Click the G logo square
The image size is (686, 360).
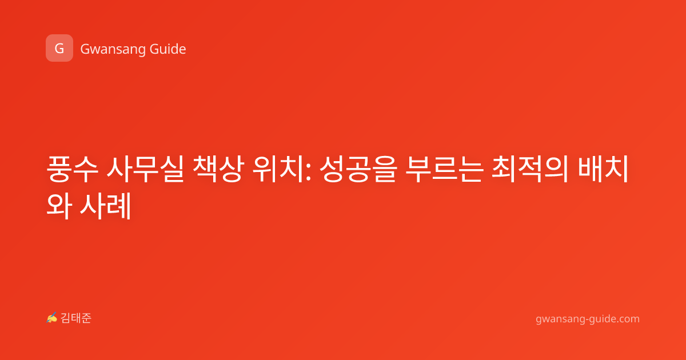pyautogui.click(x=59, y=48)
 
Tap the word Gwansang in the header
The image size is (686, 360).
pyautogui.click(x=112, y=50)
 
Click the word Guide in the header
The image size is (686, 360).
pyautogui.click(x=167, y=49)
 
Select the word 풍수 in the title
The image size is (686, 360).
pyautogui.click(x=72, y=169)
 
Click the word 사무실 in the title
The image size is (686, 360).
pyautogui.click(x=145, y=169)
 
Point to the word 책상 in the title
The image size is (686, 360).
pyautogui.click(x=218, y=169)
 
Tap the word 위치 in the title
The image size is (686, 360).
pyautogui.click(x=278, y=169)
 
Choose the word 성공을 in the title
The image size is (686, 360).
pyautogui.click(x=358, y=169)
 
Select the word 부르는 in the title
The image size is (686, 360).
pyautogui.click(x=445, y=169)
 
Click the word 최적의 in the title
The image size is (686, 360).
pyautogui.click(x=530, y=169)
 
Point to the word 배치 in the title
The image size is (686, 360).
pyautogui.click(x=603, y=169)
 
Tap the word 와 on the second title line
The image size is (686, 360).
pyautogui.click(x=59, y=205)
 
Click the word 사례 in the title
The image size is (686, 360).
pyautogui.click(x=106, y=205)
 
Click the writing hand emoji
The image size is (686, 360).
pyautogui.click(x=52, y=318)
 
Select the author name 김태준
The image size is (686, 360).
pyautogui.click(x=76, y=318)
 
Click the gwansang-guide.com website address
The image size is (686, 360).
pyautogui.click(x=588, y=319)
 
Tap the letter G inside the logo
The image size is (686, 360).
pyautogui.click(x=59, y=49)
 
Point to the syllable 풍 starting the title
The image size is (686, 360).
pyautogui.click(x=59, y=169)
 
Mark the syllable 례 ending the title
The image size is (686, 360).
pyautogui.click(x=118, y=205)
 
